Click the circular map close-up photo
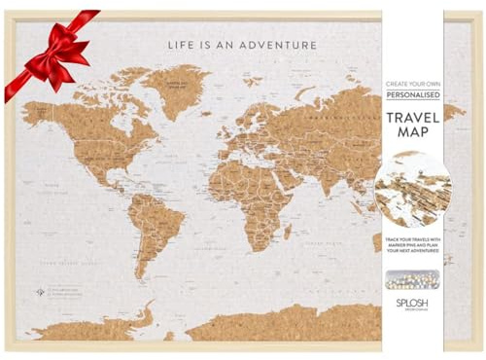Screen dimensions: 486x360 [412, 190]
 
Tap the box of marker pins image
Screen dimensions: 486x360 [412, 279]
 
